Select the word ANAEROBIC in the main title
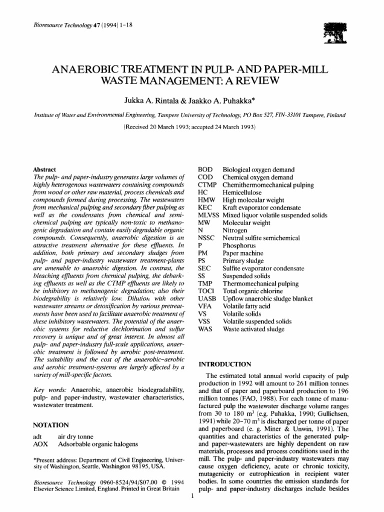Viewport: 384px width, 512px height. (x=94, y=67)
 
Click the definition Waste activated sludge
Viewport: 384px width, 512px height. (x=253, y=329)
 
